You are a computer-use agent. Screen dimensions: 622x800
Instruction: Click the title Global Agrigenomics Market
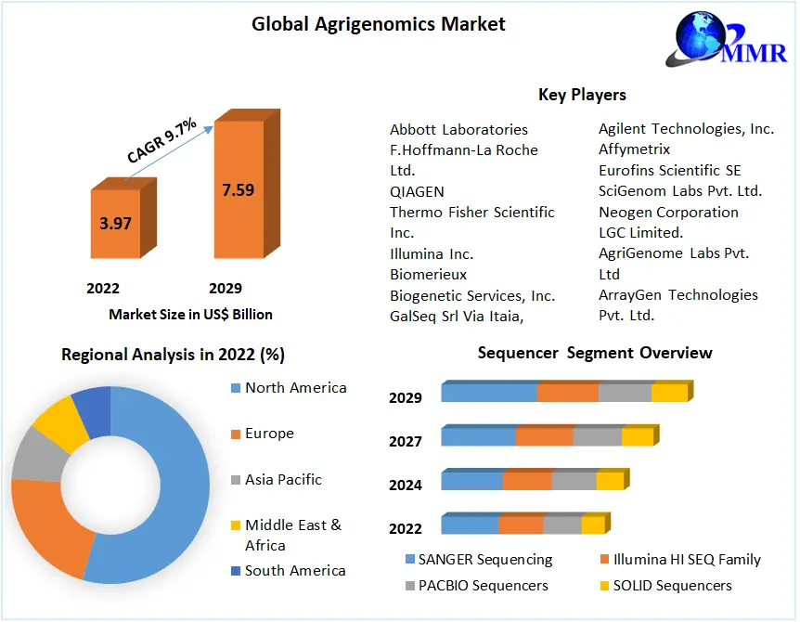pos(379,23)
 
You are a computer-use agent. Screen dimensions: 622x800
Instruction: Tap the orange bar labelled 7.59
pos(238,189)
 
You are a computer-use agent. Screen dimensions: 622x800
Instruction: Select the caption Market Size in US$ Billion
pos(190,314)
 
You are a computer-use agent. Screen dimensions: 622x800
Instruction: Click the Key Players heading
pos(582,95)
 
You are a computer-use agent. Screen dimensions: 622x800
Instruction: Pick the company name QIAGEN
pos(417,191)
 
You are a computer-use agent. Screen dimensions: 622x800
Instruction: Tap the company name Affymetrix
pos(634,149)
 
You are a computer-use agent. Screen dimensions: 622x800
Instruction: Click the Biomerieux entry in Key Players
pos(428,274)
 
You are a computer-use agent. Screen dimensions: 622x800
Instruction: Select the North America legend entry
pos(295,388)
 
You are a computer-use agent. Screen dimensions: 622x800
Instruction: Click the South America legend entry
pos(294,571)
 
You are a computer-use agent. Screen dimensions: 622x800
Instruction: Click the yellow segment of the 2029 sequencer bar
pos(668,393)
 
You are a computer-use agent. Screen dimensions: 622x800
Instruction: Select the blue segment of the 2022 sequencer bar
pos(470,525)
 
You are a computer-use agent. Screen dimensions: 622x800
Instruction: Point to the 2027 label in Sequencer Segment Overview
pos(406,441)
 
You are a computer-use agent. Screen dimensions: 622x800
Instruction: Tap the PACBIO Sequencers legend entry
pos(483,586)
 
